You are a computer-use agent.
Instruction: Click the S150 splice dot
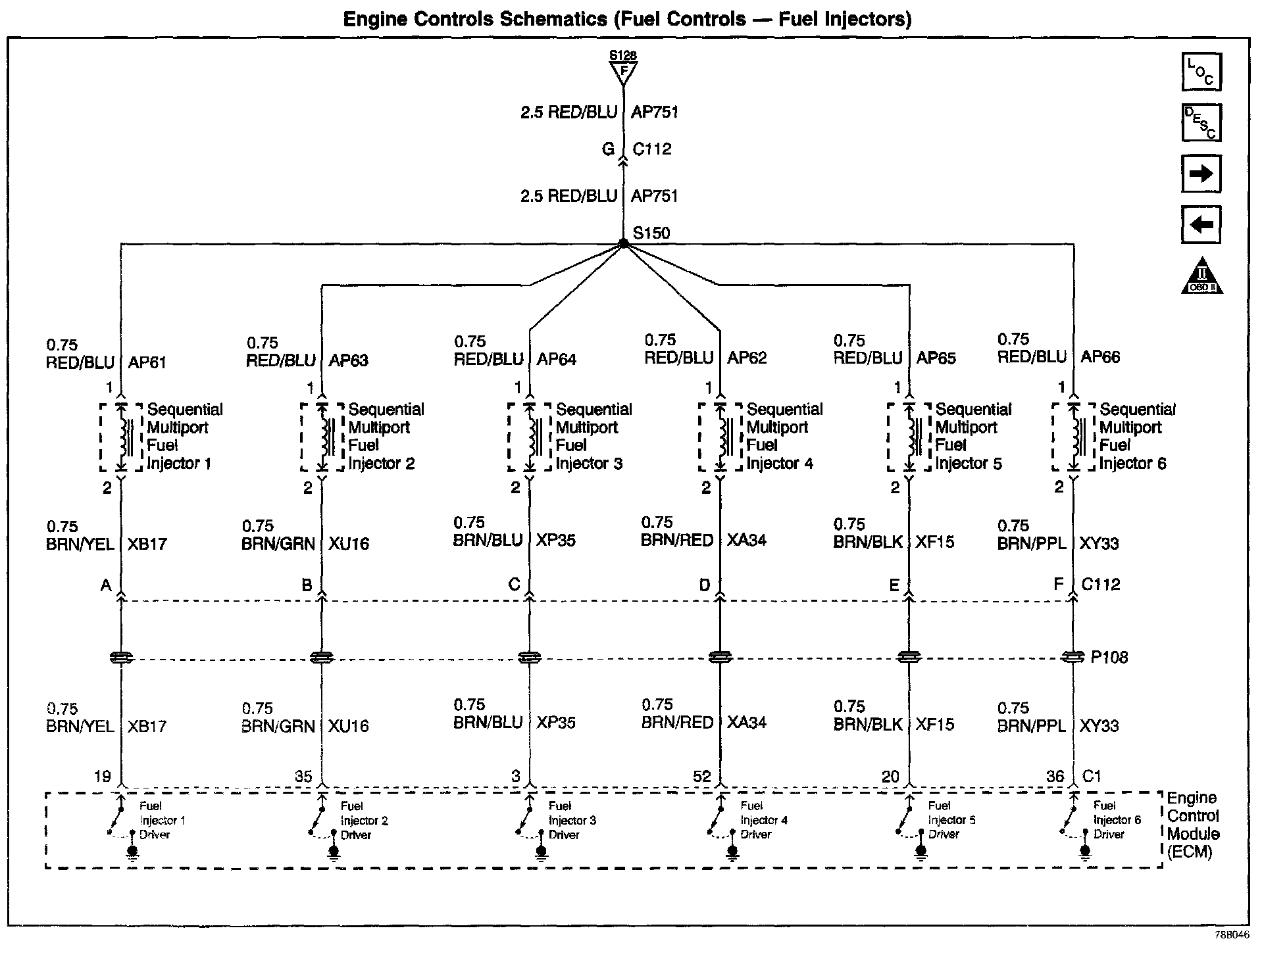click(623, 244)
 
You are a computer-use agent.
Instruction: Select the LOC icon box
click(1201, 72)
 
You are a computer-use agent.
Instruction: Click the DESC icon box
click(1201, 122)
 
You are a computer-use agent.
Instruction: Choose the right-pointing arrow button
click(1201, 174)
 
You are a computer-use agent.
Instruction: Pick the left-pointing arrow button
click(1201, 224)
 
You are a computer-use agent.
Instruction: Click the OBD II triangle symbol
click(1202, 276)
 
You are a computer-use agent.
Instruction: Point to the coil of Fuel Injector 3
click(530, 437)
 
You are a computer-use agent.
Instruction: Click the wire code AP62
click(747, 358)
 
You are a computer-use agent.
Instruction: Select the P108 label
click(1109, 657)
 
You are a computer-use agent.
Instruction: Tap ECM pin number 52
click(701, 777)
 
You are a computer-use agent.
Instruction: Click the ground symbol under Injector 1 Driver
click(132, 854)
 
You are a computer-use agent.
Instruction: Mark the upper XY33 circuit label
click(1099, 544)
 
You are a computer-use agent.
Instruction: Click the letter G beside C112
click(608, 149)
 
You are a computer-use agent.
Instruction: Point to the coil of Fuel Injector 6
click(1074, 437)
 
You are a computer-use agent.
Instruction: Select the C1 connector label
click(1092, 777)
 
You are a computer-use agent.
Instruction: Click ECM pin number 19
click(102, 777)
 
